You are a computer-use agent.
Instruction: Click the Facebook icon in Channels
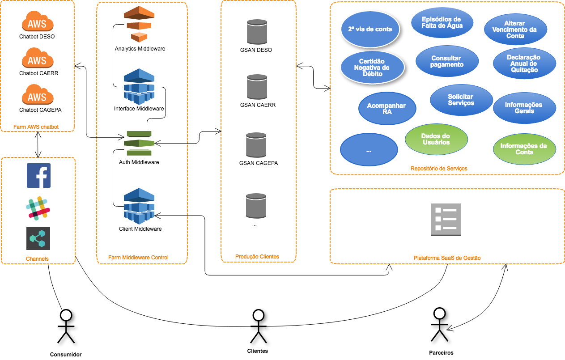(38, 175)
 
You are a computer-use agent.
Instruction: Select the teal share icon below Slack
(38, 238)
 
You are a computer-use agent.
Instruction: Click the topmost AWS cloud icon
(38, 22)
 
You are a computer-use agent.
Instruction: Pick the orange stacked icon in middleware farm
(139, 25)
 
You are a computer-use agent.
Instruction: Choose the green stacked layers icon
(139, 143)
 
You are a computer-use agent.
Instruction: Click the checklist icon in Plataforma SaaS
(446, 220)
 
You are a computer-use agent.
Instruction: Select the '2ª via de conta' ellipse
(370, 29)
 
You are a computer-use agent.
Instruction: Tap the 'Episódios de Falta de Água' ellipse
(442, 23)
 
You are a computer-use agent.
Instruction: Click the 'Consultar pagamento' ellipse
(447, 61)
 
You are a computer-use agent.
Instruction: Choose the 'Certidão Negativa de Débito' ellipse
(372, 68)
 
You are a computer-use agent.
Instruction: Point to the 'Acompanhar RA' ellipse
(387, 109)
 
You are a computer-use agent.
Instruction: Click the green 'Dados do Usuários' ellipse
(436, 139)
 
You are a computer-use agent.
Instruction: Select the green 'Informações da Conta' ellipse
(524, 149)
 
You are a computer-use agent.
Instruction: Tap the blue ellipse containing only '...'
(369, 150)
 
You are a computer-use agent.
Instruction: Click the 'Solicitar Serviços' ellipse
(461, 100)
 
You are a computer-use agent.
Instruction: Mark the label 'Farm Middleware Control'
(138, 258)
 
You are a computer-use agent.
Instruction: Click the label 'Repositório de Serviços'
(439, 169)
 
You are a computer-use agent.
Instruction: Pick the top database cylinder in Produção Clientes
(257, 32)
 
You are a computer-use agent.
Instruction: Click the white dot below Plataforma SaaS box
(439, 313)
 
